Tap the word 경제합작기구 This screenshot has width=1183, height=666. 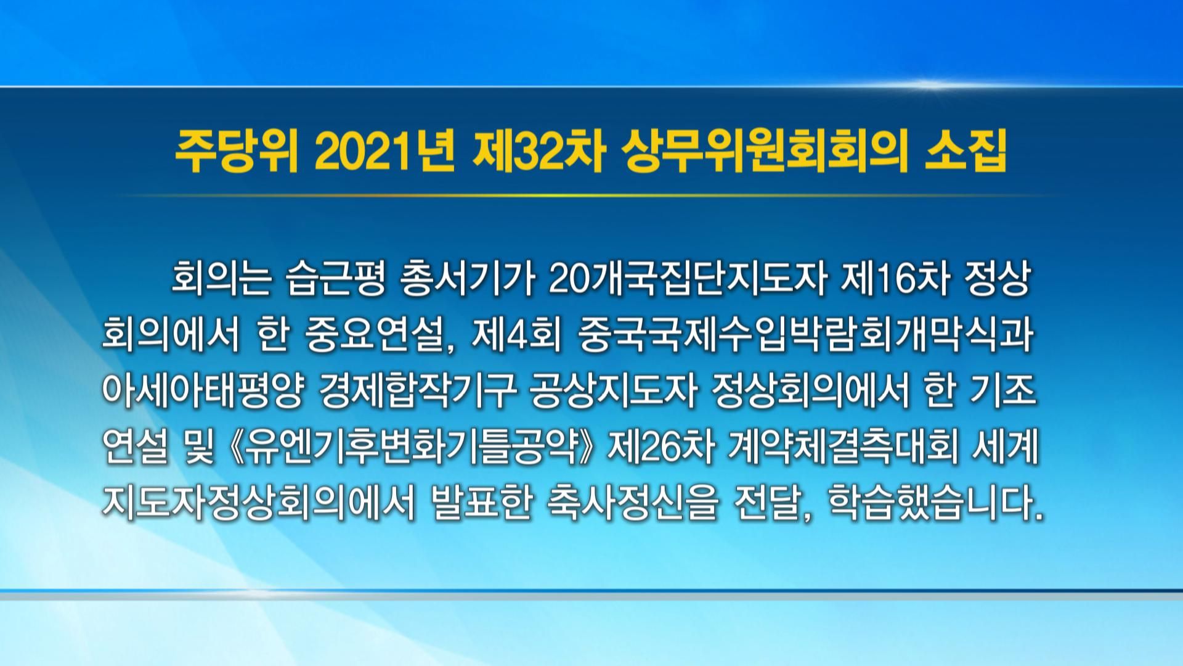(417, 391)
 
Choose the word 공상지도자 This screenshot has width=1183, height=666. (612, 391)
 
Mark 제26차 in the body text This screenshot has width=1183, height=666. (660, 446)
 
